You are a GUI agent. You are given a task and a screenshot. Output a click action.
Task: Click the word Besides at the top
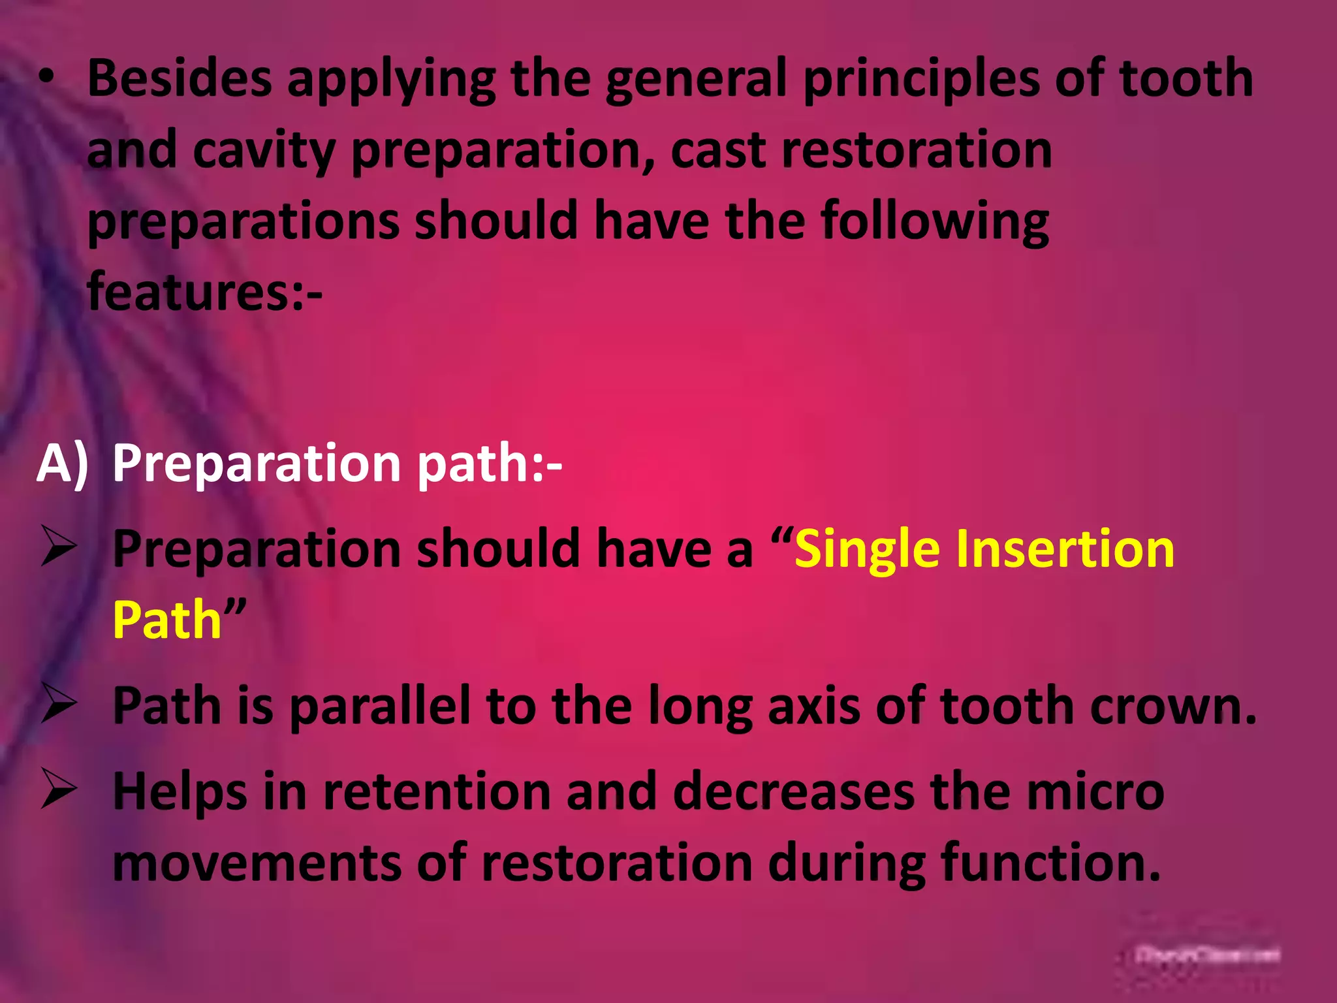tap(180, 78)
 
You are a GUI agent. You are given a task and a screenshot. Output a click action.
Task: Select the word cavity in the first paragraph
tap(264, 150)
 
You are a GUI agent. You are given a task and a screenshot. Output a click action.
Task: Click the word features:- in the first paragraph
tap(204, 292)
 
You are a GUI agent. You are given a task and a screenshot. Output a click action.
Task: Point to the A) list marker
tap(63, 464)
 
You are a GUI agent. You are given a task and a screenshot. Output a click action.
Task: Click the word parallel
tap(380, 707)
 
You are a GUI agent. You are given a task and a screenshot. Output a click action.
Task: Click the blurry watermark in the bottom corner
tap(1207, 955)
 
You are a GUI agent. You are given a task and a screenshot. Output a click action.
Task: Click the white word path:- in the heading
tap(490, 464)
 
